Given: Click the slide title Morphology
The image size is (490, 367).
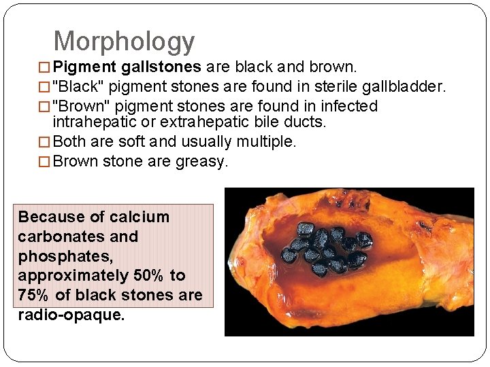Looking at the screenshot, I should [x=124, y=41].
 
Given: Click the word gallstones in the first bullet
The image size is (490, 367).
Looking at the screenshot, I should [x=162, y=67].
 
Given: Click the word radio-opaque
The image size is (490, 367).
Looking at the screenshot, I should [x=71, y=315].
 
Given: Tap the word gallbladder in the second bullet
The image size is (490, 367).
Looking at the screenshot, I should [x=406, y=87].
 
